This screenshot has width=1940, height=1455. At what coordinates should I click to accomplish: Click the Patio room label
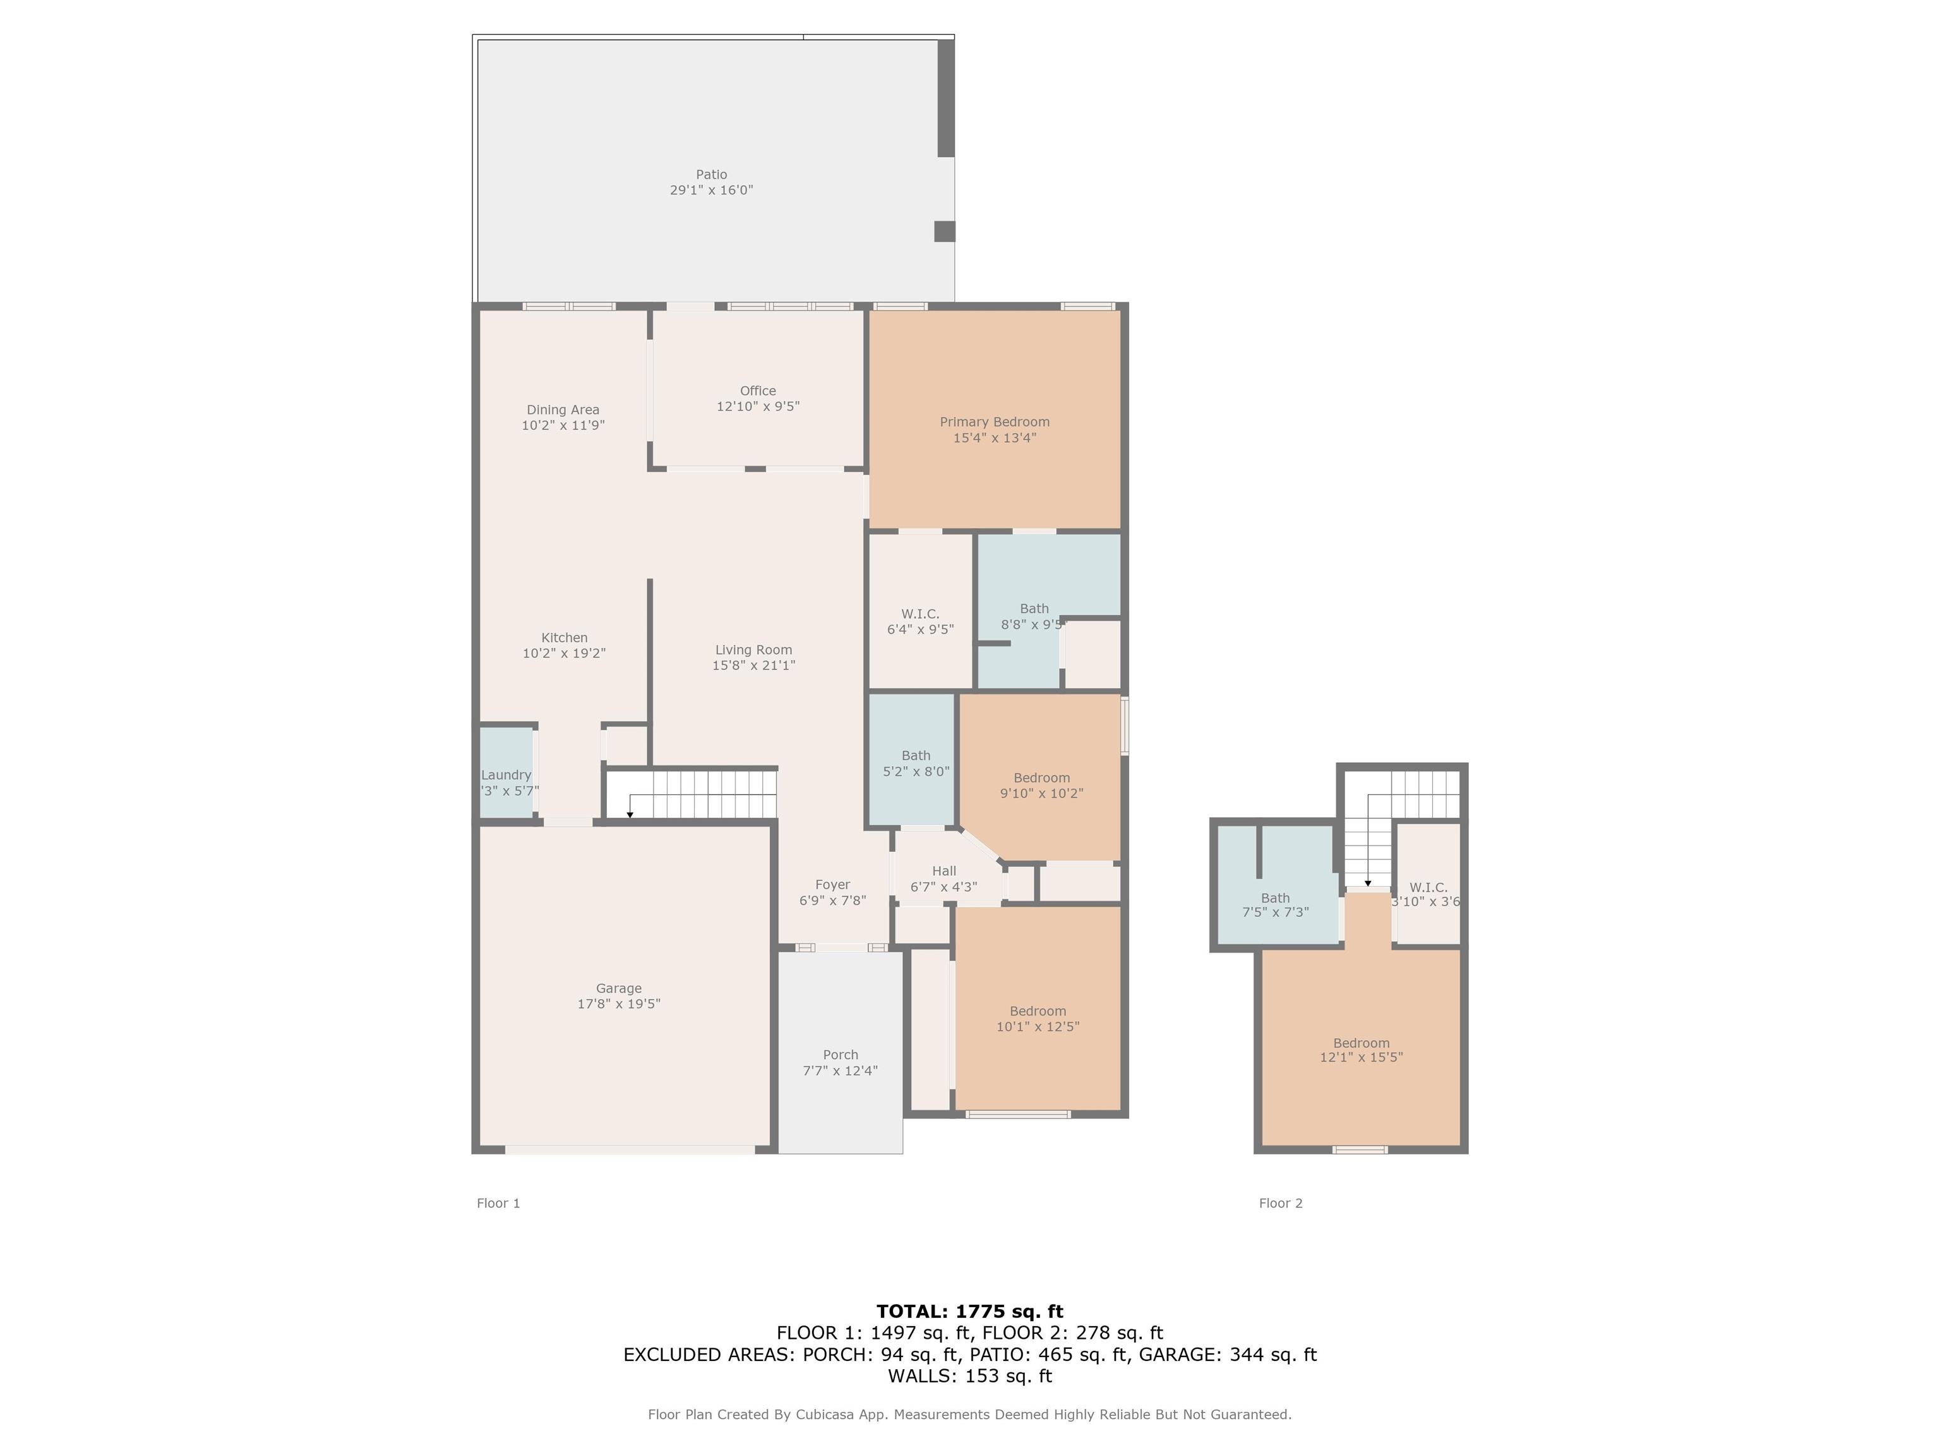click(x=711, y=174)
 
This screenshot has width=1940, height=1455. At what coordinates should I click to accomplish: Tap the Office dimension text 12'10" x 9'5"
click(x=758, y=406)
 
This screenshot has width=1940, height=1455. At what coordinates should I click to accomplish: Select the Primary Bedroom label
click(x=995, y=422)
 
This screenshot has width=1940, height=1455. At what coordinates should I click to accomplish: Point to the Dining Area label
click(x=563, y=410)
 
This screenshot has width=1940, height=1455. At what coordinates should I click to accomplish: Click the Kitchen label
click(x=564, y=638)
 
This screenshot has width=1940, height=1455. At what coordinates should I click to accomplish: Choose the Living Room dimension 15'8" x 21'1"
click(x=753, y=665)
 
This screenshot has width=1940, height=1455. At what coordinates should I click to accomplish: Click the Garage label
click(x=618, y=988)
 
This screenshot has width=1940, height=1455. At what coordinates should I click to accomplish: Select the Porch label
click(x=840, y=1055)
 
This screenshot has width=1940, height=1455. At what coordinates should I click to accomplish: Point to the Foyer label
click(x=832, y=885)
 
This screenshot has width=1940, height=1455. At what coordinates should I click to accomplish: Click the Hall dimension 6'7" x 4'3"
click(x=943, y=887)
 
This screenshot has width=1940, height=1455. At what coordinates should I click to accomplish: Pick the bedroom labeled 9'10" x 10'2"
click(x=1042, y=786)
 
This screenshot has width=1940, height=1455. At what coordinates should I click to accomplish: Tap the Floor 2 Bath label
click(x=1275, y=898)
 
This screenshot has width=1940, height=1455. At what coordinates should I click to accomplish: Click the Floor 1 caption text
click(x=498, y=1203)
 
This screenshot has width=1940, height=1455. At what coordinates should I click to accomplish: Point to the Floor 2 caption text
click(x=1281, y=1203)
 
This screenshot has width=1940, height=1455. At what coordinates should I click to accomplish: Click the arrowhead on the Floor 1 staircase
click(x=630, y=815)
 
